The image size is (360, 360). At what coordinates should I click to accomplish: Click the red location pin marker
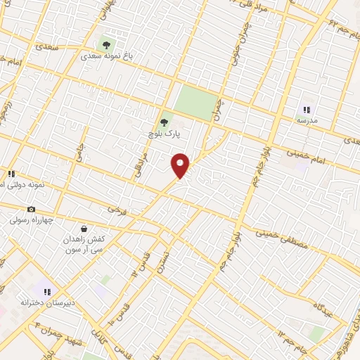pyautogui.click(x=181, y=165)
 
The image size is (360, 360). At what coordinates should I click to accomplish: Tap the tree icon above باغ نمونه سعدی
pyautogui.click(x=106, y=44)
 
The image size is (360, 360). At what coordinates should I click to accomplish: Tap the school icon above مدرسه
pyautogui.click(x=307, y=110)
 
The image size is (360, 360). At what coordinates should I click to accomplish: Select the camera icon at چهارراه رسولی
pyautogui.click(x=31, y=209)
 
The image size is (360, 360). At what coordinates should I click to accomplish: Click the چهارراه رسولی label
pyautogui.click(x=31, y=219)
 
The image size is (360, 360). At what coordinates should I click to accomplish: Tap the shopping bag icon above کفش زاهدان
pyautogui.click(x=84, y=229)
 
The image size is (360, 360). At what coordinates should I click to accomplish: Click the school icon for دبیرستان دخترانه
pyautogui.click(x=47, y=291)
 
